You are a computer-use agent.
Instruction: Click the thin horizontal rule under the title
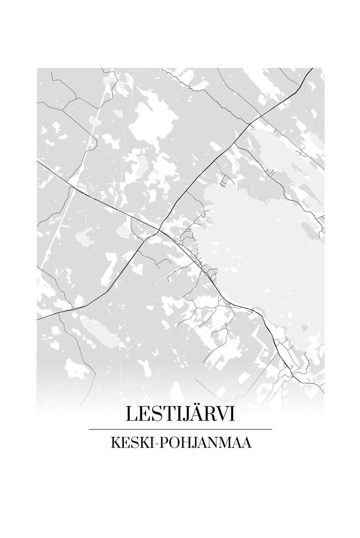click(x=180, y=429)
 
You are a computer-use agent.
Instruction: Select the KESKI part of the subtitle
click(x=130, y=443)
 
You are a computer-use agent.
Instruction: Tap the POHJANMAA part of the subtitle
click(x=205, y=443)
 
